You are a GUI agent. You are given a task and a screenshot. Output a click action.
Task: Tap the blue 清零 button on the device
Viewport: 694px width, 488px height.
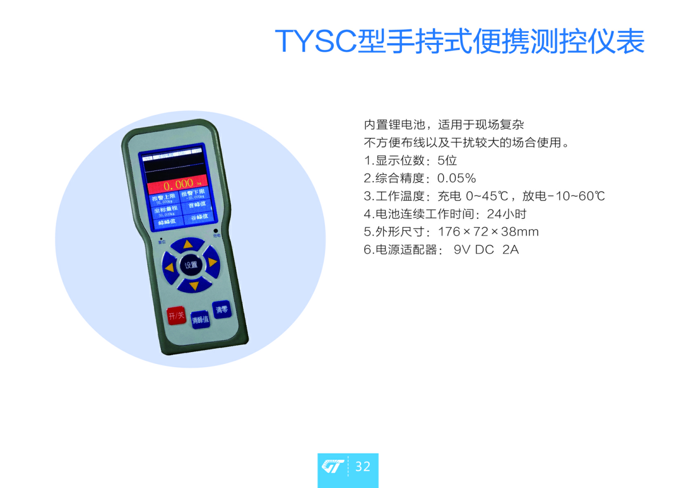(222, 310)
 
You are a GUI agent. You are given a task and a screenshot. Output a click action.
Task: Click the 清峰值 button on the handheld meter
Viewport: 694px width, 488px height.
(200, 319)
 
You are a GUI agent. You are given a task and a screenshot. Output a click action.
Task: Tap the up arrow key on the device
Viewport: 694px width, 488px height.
(187, 245)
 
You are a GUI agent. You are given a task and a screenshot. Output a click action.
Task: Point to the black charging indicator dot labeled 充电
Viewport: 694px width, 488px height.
(215, 231)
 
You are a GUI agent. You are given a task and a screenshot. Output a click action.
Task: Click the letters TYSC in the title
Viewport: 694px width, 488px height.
(315, 41)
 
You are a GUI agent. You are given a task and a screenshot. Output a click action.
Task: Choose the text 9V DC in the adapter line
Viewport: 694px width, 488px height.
(474, 250)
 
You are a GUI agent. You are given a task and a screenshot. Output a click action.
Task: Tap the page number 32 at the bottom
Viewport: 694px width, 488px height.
(363, 466)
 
